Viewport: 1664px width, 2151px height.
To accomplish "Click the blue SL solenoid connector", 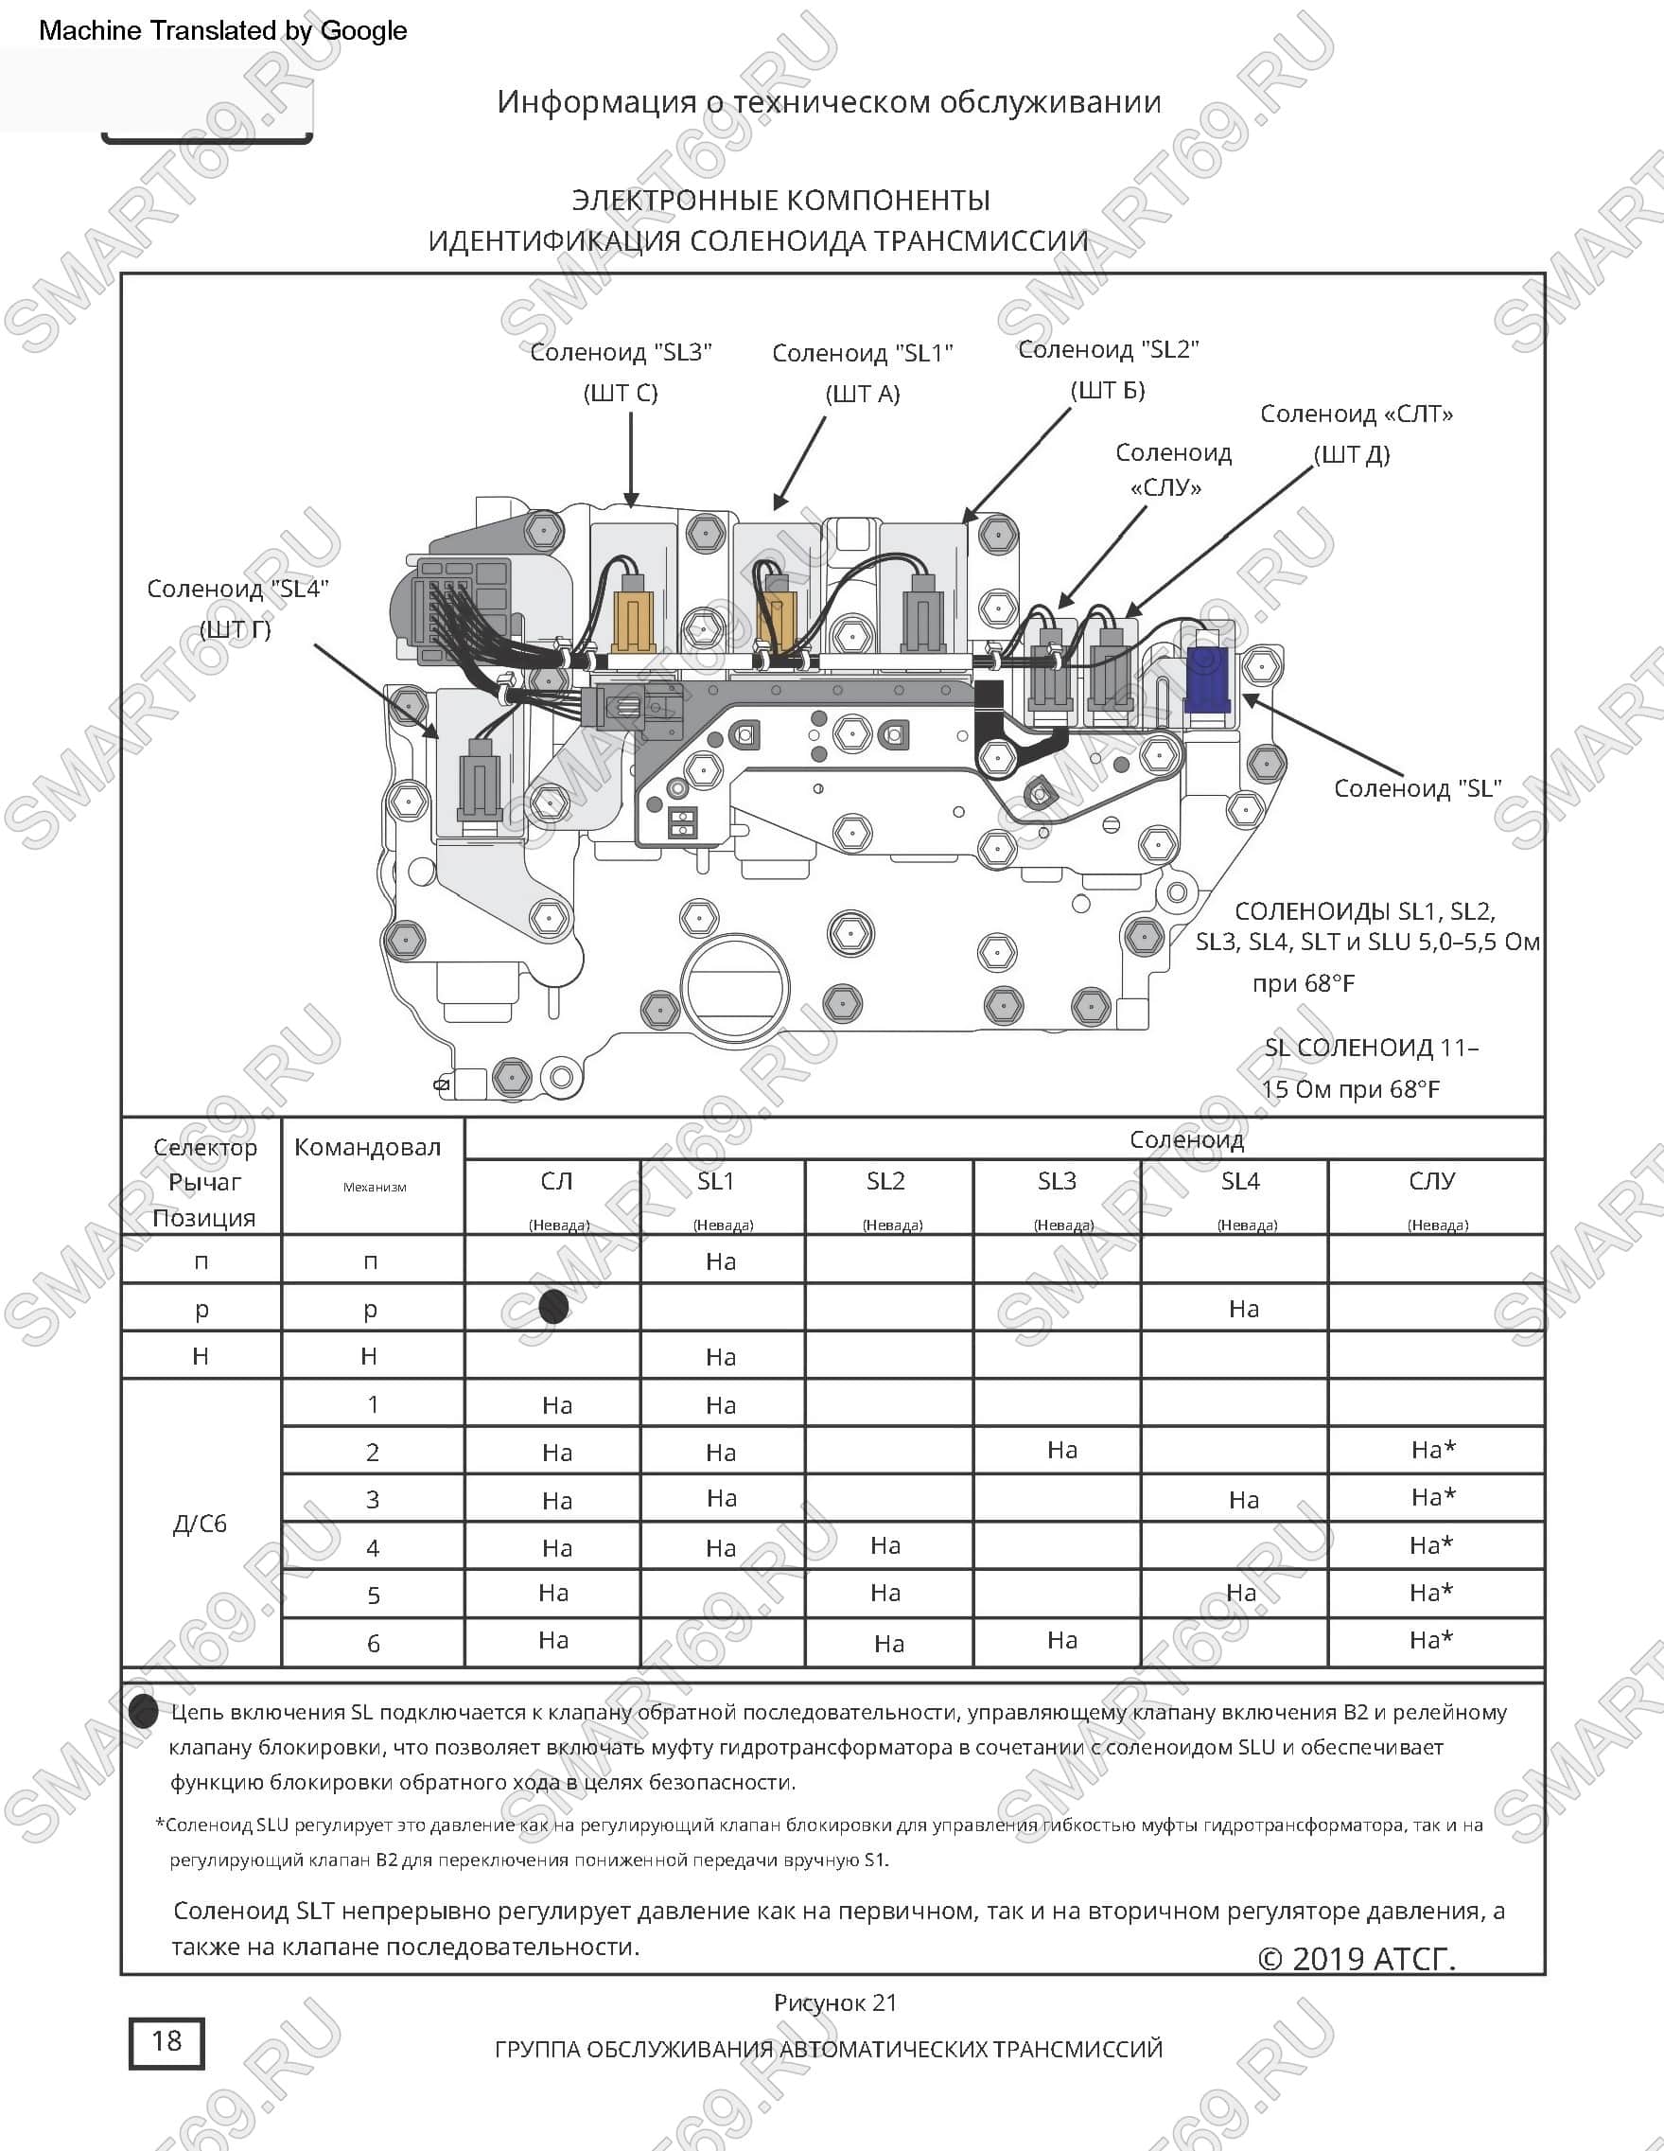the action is click(x=1207, y=679).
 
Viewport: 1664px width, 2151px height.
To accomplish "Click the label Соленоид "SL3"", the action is click(x=622, y=353).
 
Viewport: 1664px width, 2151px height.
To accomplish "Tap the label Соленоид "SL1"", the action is click(x=863, y=354).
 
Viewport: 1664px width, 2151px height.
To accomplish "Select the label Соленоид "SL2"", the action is click(x=1109, y=349).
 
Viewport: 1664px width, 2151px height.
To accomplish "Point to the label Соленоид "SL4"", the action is click(x=237, y=589).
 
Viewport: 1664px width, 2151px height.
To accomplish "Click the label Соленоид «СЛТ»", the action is click(x=1357, y=414).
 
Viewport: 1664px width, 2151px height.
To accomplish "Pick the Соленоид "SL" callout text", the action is click(x=1418, y=788).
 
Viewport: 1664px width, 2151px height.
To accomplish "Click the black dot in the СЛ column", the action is click(x=554, y=1307).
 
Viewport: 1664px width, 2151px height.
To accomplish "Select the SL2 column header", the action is click(x=886, y=1181).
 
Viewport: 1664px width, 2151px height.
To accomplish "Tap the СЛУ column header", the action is click(x=1431, y=1181).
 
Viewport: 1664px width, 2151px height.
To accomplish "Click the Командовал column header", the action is click(x=367, y=1147).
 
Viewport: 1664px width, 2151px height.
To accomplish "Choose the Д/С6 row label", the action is click(x=200, y=1524).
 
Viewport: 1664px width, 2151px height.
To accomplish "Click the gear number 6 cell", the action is click(x=373, y=1643).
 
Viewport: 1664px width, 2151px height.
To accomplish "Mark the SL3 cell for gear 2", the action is click(x=1062, y=1450).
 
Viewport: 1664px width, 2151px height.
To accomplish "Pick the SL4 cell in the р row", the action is click(x=1244, y=1308).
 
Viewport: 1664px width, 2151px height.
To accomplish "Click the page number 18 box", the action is click(x=166, y=2043).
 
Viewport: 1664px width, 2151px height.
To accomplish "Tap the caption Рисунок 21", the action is click(x=835, y=2002).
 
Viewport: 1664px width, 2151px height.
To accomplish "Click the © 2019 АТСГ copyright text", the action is click(x=1357, y=1959).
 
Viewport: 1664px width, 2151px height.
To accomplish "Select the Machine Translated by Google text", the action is click(x=222, y=30).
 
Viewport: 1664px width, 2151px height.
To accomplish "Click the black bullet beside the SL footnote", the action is click(x=144, y=1712).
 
